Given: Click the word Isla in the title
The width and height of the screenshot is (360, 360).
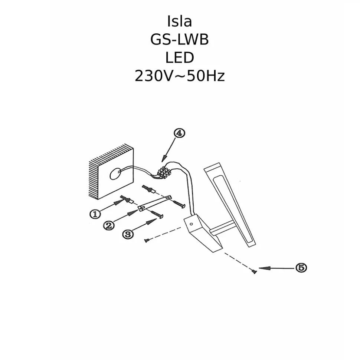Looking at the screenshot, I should pyautogui.click(x=180, y=22).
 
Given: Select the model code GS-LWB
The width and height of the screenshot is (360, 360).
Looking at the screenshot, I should pyautogui.click(x=180, y=40).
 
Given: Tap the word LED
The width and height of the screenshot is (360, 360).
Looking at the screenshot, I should pyautogui.click(x=180, y=58).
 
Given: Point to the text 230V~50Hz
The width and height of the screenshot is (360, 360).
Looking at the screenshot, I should pyautogui.click(x=180, y=76).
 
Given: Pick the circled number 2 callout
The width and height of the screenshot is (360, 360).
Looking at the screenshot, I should pyautogui.click(x=109, y=225).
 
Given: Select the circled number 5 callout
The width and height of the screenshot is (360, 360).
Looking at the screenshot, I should pyautogui.click(x=301, y=267).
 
